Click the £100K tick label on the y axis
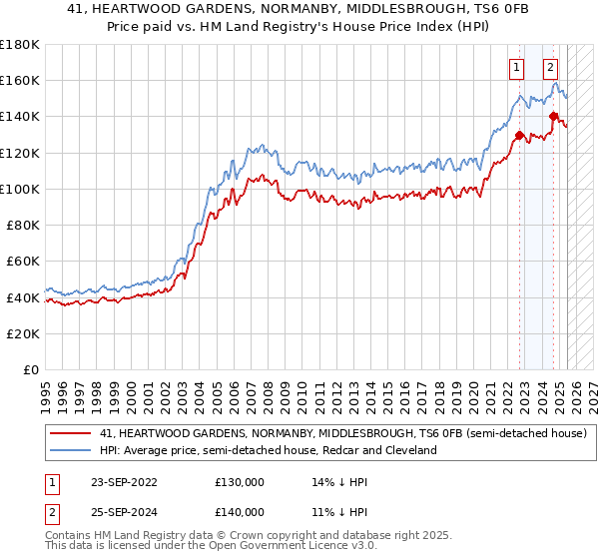(20, 189)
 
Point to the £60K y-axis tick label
(23, 262)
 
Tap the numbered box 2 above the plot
(550, 69)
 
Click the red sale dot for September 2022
(519, 136)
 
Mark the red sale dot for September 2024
(553, 117)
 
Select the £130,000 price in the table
(239, 481)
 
